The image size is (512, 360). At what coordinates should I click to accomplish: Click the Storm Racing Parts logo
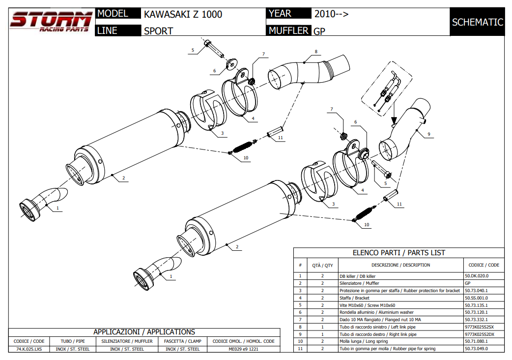(51, 22)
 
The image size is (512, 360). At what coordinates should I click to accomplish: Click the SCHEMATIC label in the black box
(477, 22)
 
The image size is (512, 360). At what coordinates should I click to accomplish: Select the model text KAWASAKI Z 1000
(183, 14)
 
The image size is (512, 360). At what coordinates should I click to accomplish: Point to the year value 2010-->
(331, 14)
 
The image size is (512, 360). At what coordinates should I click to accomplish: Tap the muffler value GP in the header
(319, 31)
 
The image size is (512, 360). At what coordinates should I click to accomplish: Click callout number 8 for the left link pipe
(316, 52)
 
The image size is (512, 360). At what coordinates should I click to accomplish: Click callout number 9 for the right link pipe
(428, 134)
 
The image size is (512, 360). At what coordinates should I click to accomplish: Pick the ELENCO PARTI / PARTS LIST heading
(398, 253)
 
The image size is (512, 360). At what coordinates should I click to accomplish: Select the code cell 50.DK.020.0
(476, 276)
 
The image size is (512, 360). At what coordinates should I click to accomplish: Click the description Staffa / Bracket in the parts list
(354, 298)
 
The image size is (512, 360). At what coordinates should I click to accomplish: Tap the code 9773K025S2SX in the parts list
(479, 327)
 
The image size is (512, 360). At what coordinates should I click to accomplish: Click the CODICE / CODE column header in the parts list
(484, 265)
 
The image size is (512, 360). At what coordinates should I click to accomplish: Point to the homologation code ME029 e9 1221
(243, 349)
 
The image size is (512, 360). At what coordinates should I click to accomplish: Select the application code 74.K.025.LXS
(29, 349)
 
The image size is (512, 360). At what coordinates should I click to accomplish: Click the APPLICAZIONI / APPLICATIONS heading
(144, 332)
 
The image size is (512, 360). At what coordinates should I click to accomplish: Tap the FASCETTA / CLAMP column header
(182, 341)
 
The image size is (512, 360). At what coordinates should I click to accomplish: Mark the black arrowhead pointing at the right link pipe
(394, 120)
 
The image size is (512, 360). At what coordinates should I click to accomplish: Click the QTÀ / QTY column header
(322, 265)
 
